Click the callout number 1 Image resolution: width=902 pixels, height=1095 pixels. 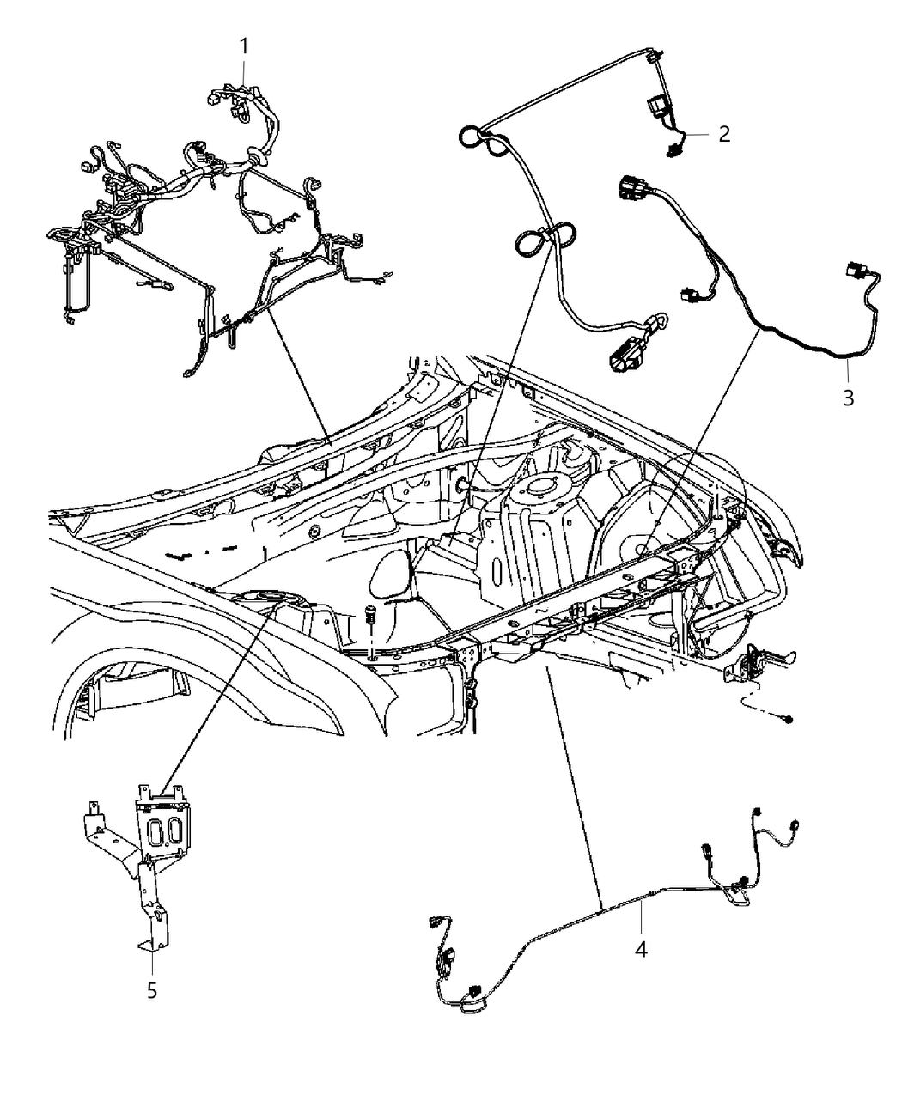click(244, 46)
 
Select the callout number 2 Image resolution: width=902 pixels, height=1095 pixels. click(724, 134)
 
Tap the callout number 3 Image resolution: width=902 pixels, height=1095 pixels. click(848, 398)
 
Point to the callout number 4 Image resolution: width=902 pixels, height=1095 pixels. click(640, 949)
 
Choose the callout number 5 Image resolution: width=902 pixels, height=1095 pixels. click(152, 990)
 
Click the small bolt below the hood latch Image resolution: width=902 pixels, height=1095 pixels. click(788, 718)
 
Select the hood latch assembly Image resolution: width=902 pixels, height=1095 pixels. click(752, 663)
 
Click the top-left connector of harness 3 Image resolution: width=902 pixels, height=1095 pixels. click(627, 188)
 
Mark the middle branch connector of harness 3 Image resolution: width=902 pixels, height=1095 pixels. click(687, 295)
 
